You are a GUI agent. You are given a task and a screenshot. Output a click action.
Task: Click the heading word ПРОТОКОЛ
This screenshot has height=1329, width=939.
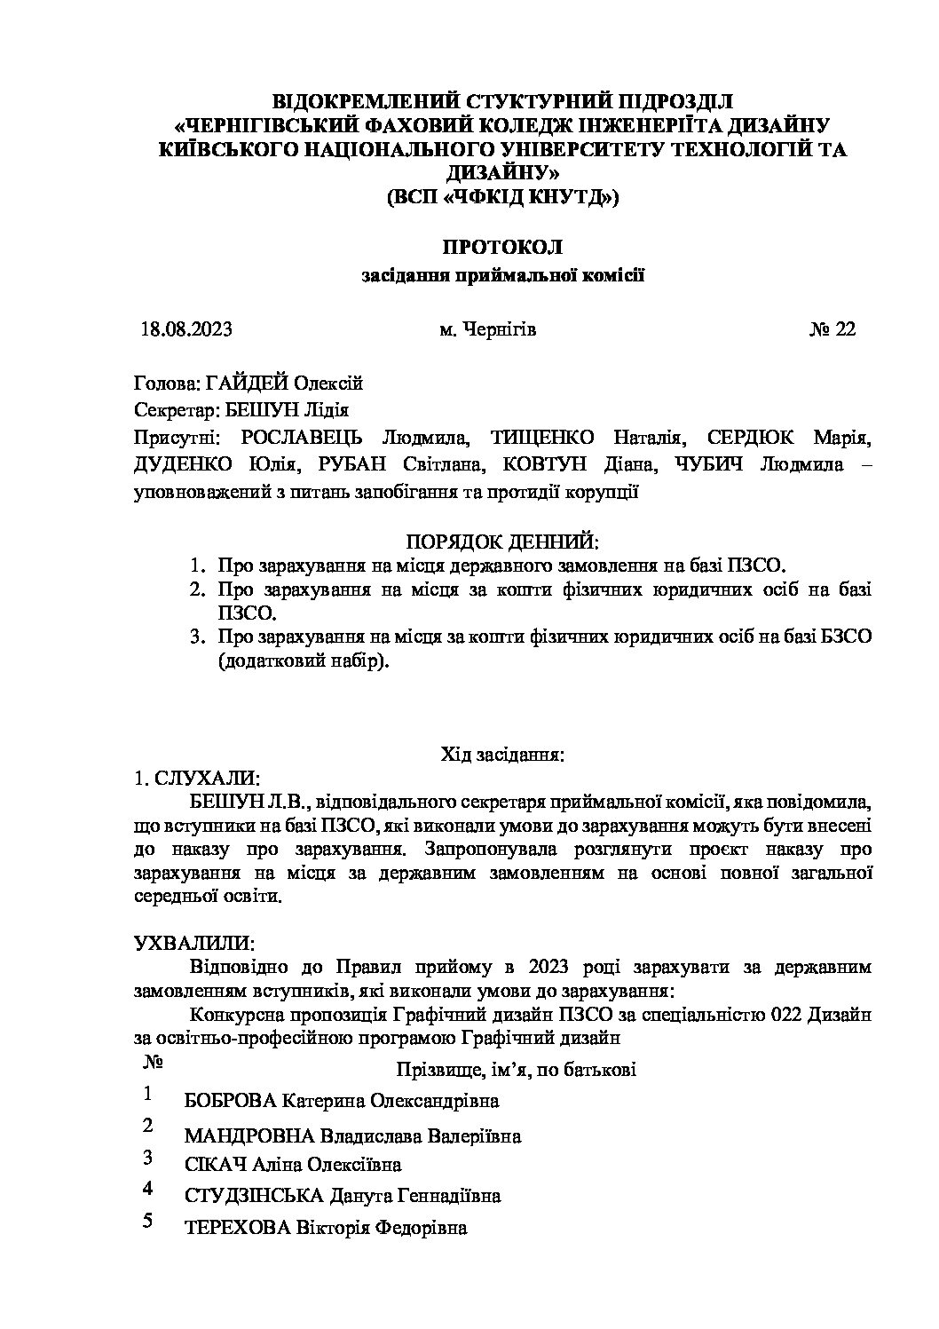(x=502, y=248)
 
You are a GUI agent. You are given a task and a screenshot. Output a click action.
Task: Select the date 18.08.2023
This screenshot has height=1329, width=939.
(x=186, y=329)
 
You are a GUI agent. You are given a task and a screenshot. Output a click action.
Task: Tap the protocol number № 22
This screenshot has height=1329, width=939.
(x=832, y=329)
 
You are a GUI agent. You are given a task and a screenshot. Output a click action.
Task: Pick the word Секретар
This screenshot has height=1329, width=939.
(x=167, y=410)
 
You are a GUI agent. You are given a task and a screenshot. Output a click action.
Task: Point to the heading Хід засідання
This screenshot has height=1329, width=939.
(x=503, y=755)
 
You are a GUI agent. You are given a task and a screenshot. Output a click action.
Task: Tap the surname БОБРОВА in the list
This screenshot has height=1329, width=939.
(x=230, y=1102)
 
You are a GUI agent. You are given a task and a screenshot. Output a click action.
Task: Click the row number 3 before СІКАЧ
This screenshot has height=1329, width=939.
(x=148, y=1158)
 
